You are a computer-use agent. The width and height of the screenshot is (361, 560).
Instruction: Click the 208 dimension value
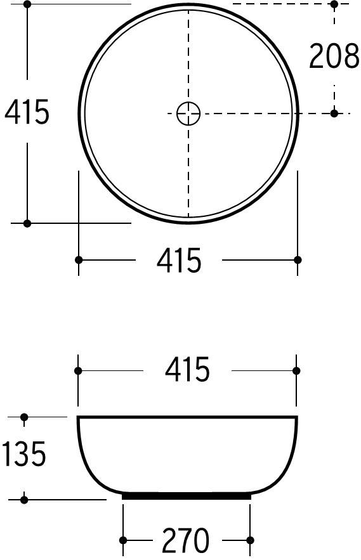(x=334, y=56)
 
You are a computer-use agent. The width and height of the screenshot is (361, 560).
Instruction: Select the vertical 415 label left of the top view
(x=27, y=113)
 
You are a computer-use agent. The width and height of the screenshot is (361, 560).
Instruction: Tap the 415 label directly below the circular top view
(x=179, y=261)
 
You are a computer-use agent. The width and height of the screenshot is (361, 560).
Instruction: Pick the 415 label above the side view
(x=187, y=370)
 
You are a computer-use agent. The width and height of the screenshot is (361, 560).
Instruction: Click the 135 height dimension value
(x=24, y=455)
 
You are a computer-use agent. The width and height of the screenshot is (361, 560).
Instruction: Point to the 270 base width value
(x=185, y=541)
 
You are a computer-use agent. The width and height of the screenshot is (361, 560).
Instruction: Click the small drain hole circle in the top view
(x=188, y=114)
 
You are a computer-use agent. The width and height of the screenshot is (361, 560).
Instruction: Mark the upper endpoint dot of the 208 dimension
(x=334, y=4)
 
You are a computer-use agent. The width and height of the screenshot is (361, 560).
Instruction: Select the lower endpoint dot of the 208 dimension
(x=334, y=114)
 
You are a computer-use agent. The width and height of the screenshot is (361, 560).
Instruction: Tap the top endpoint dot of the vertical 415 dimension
(x=27, y=4)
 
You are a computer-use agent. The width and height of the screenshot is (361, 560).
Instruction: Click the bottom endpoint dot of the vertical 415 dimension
(x=27, y=223)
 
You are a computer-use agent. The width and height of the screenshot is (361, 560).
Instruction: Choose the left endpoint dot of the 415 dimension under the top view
(x=79, y=260)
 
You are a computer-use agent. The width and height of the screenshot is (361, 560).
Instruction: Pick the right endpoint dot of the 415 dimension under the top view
(x=298, y=260)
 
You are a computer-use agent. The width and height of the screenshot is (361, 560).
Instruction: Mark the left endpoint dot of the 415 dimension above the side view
(x=78, y=371)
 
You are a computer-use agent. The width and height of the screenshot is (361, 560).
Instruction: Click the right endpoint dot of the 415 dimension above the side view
(x=296, y=371)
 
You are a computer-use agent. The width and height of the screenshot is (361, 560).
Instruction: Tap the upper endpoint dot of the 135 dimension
(x=24, y=417)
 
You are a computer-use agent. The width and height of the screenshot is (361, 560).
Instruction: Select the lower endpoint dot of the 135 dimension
(x=24, y=500)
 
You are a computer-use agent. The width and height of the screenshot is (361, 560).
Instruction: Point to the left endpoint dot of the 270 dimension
(x=123, y=540)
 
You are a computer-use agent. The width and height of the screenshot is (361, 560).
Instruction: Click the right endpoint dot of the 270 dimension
(x=251, y=540)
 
